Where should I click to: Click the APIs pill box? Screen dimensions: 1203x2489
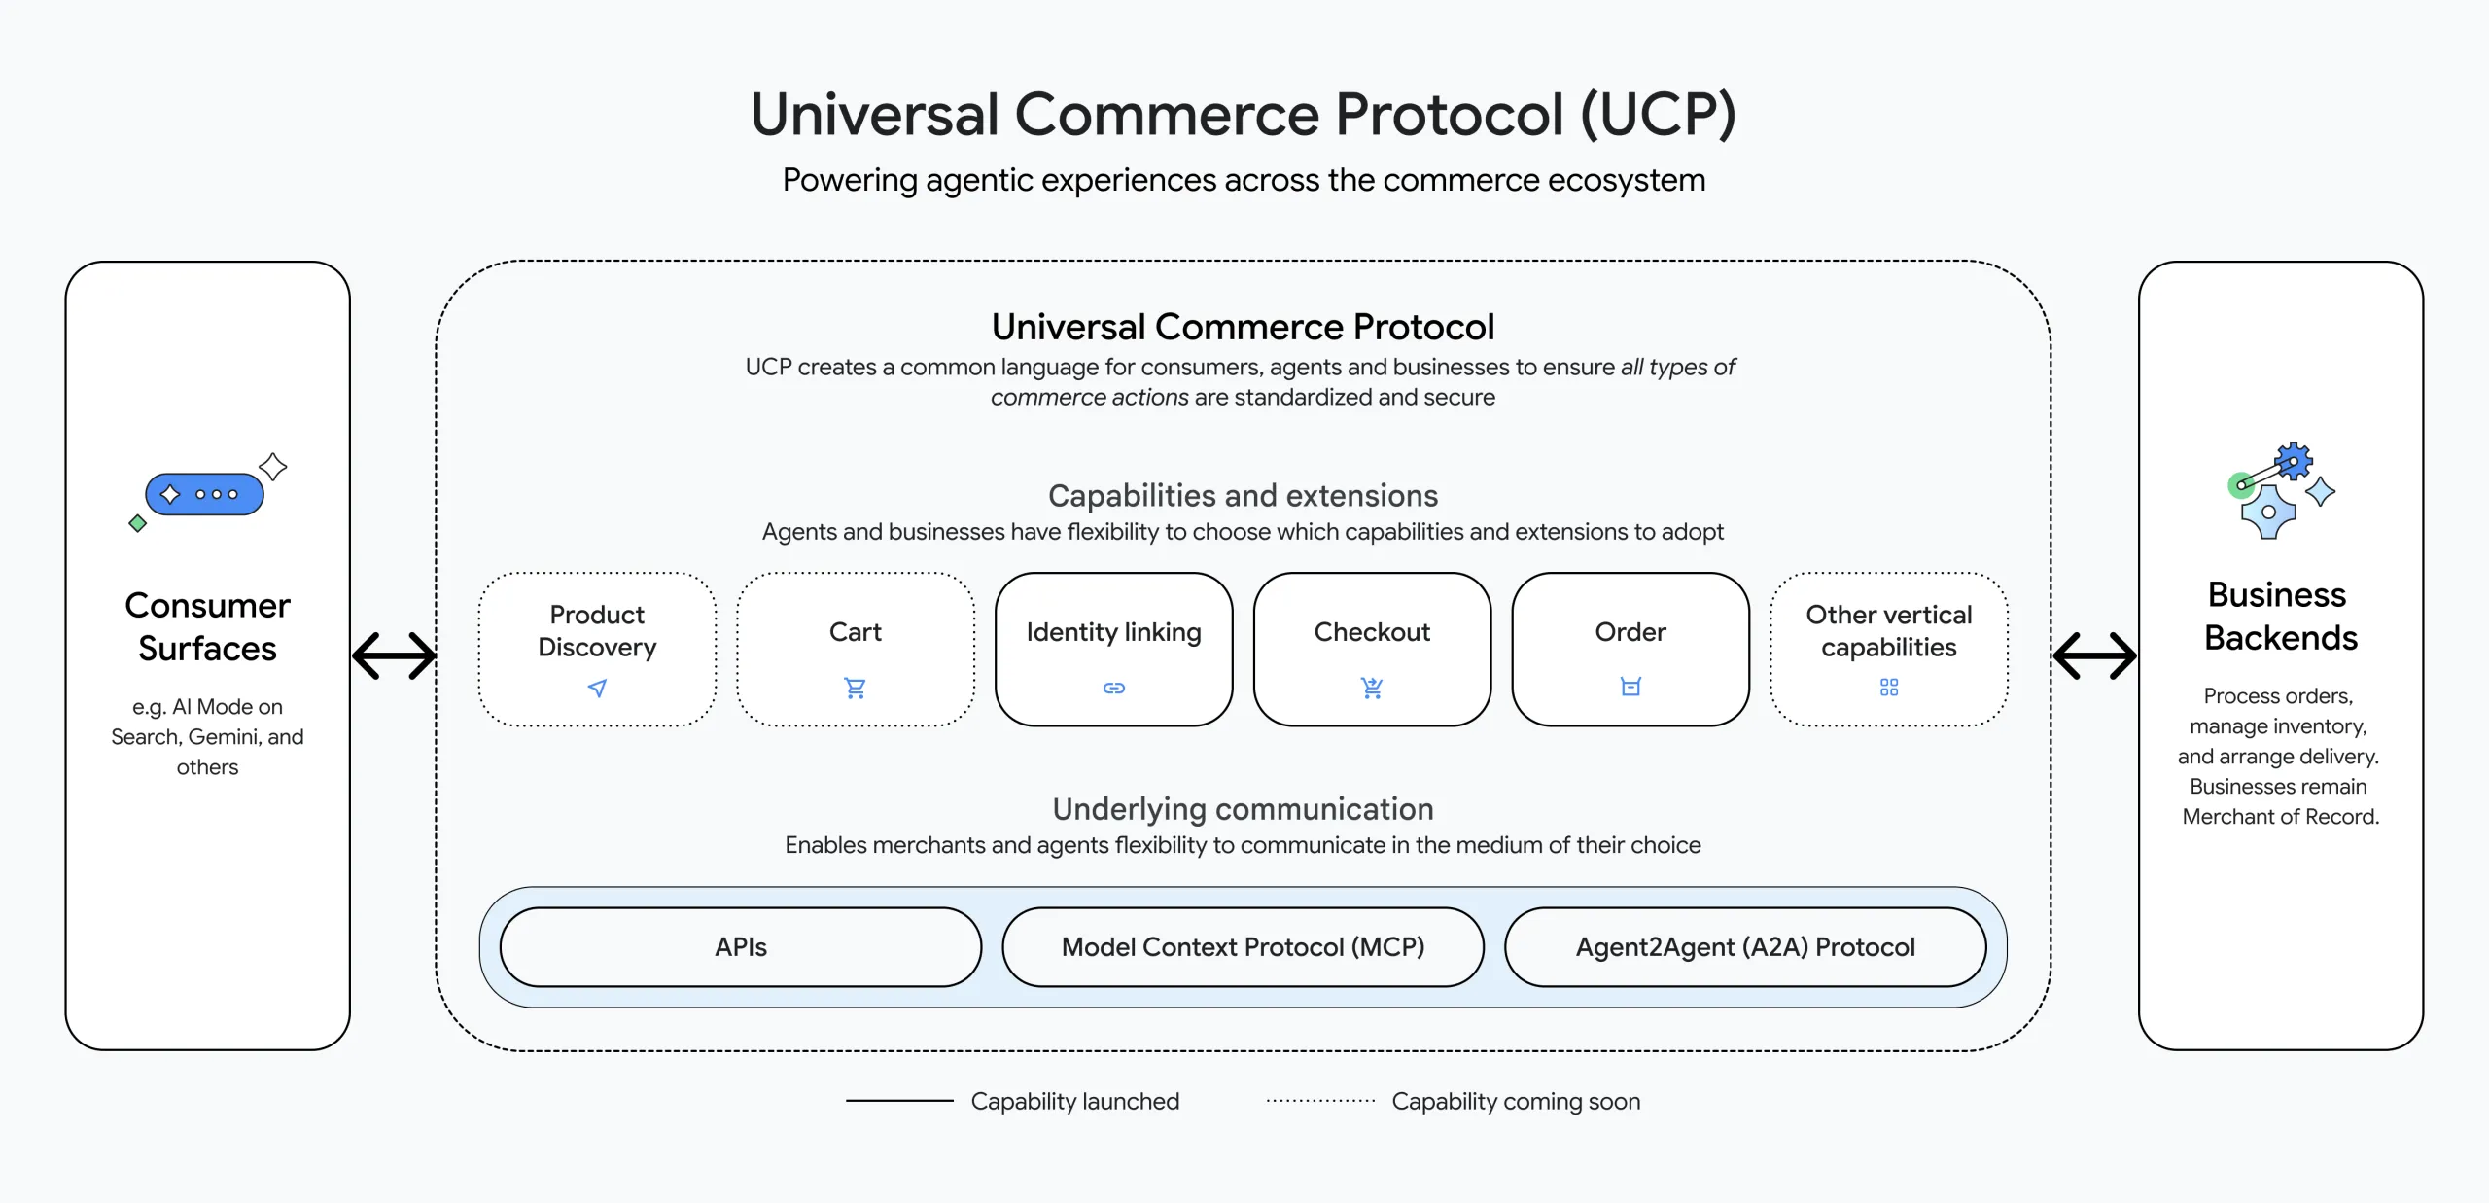pyautogui.click(x=741, y=947)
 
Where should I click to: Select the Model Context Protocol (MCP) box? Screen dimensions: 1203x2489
pyautogui.click(x=1243, y=947)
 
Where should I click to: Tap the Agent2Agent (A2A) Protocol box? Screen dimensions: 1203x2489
pyautogui.click(x=1745, y=947)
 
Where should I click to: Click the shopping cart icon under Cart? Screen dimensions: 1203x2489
pyautogui.click(x=856, y=689)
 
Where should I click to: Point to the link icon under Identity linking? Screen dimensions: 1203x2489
pyautogui.click(x=1114, y=689)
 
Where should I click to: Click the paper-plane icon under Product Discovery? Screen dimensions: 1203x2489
pyautogui.click(x=598, y=689)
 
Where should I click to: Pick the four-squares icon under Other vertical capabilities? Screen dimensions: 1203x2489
pyautogui.click(x=1889, y=688)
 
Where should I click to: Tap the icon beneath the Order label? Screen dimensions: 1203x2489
pyautogui.click(x=1630, y=687)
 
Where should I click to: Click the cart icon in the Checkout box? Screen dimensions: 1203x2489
pyautogui.click(x=1372, y=689)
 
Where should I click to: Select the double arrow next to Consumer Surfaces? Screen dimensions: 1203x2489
pyautogui.click(x=394, y=655)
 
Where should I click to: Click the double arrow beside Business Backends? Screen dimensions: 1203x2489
pyautogui.click(x=2094, y=655)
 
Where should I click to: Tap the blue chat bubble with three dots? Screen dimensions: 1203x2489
pyautogui.click(x=205, y=494)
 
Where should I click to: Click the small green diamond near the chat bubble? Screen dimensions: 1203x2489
pyautogui.click(x=138, y=524)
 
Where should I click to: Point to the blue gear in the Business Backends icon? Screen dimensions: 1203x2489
pyautogui.click(x=2294, y=461)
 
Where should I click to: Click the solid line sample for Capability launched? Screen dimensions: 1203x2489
pyautogui.click(x=899, y=1101)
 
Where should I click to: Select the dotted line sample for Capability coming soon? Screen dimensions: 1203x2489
pyautogui.click(x=1320, y=1101)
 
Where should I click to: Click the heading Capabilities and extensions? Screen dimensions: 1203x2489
pyautogui.click(x=1243, y=496)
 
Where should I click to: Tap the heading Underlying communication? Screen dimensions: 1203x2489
pyautogui.click(x=1243, y=809)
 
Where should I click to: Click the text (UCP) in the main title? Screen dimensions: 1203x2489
pyautogui.click(x=1657, y=115)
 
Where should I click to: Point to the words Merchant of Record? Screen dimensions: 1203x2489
pyautogui.click(x=2280, y=817)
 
